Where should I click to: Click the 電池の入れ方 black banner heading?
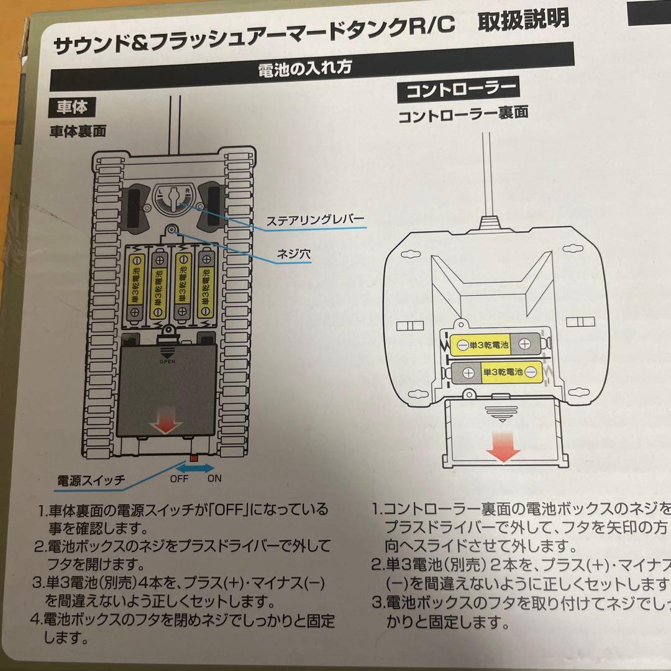click(309, 68)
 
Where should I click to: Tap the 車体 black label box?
click(73, 107)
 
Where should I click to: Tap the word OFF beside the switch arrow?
click(180, 479)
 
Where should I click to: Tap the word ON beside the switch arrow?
click(214, 479)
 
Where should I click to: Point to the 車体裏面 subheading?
click(79, 131)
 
